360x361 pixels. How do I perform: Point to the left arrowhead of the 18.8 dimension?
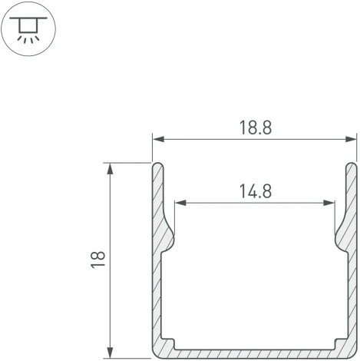157,140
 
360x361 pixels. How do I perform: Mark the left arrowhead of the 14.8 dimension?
180,204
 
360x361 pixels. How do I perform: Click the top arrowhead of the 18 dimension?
112,167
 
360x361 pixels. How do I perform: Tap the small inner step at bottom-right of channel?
338,342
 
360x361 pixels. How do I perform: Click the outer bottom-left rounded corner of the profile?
156,353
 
